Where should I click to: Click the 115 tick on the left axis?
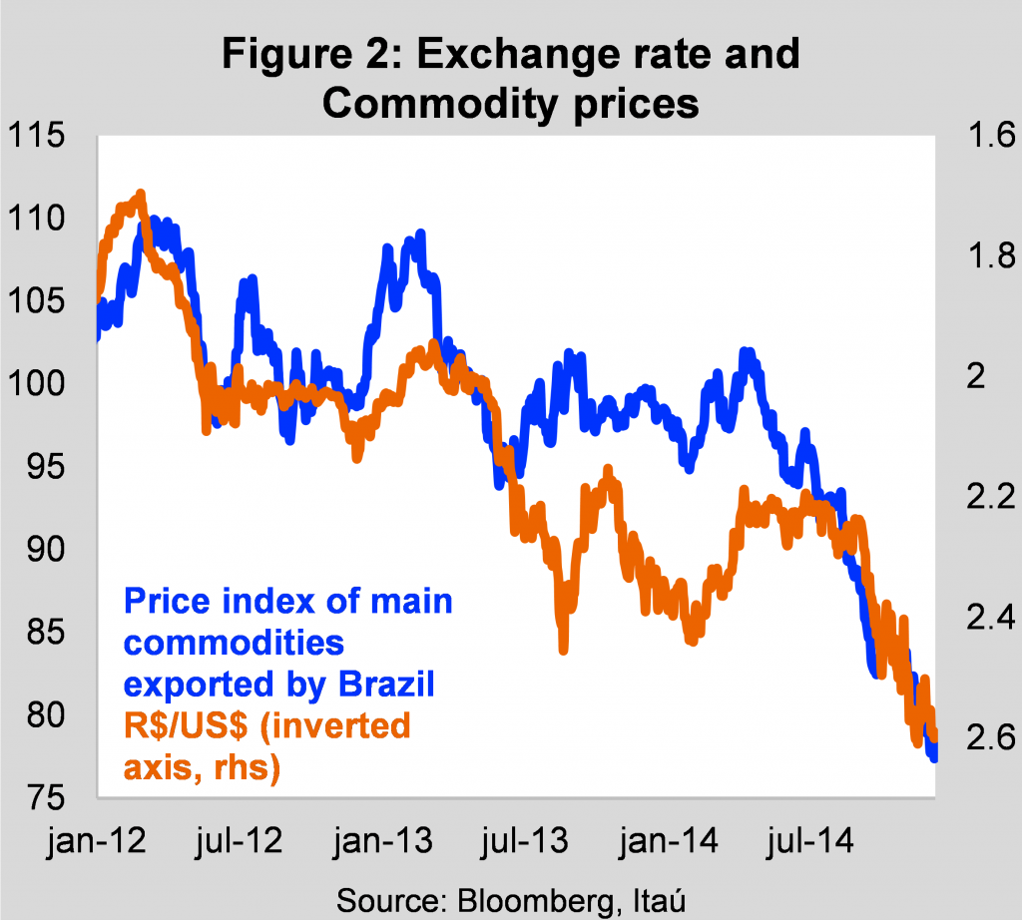(x=36, y=136)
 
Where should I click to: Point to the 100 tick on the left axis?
(x=36, y=383)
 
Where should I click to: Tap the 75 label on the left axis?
(x=46, y=797)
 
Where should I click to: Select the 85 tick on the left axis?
(x=46, y=632)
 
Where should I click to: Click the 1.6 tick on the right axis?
(x=991, y=135)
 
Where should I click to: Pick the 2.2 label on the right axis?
(x=991, y=497)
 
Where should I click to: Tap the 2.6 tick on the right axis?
(x=991, y=737)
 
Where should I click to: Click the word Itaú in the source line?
(x=659, y=900)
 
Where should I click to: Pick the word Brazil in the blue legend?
(x=386, y=685)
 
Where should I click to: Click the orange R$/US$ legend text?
(x=186, y=725)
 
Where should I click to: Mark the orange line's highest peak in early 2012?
(x=141, y=194)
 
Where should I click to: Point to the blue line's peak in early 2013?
(x=420, y=233)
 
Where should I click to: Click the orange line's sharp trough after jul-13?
(x=564, y=650)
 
